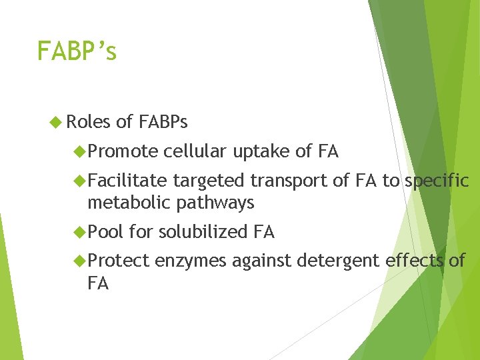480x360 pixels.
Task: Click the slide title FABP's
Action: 77,51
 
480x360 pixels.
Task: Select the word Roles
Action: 89,122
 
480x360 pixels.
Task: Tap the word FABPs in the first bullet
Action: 163,122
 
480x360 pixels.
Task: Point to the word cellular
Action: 196,152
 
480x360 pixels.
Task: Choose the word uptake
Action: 261,153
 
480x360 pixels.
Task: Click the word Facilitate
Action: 127,181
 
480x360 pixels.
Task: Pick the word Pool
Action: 105,232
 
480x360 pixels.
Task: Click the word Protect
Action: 119,261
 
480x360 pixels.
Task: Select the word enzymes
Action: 191,261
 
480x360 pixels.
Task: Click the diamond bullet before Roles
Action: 56,122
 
